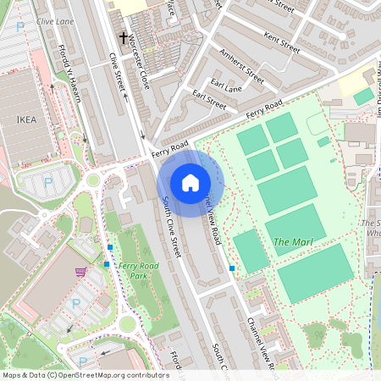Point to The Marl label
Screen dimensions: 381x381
[293, 243]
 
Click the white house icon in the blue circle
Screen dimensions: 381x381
[190, 183]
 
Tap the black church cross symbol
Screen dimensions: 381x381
[124, 37]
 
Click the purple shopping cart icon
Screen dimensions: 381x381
[80, 272]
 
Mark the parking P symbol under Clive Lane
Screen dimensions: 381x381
[21, 26]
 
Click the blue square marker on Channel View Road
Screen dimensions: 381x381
[232, 268]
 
